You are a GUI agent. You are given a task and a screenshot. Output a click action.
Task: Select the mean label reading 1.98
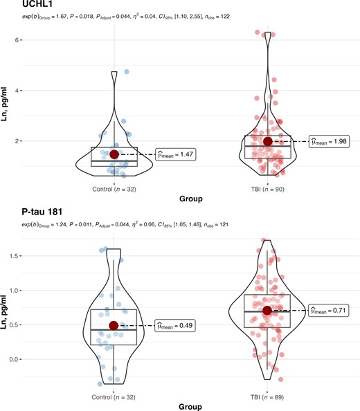click(x=328, y=141)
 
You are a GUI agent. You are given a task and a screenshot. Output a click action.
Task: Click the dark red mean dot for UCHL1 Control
click(x=114, y=154)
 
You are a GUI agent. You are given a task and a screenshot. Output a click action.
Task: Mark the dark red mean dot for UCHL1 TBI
click(x=268, y=141)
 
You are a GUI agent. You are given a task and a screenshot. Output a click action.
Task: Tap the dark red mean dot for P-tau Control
click(x=114, y=325)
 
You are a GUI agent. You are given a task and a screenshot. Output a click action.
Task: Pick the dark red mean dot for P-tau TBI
click(x=268, y=310)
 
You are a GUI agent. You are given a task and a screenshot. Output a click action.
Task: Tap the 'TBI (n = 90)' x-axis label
click(x=268, y=188)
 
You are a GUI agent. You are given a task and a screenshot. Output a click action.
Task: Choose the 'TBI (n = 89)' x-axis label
click(x=268, y=392)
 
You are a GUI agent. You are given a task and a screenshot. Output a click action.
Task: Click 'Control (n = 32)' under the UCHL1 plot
click(x=114, y=188)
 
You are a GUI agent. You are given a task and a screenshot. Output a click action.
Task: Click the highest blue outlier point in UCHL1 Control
click(x=127, y=71)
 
